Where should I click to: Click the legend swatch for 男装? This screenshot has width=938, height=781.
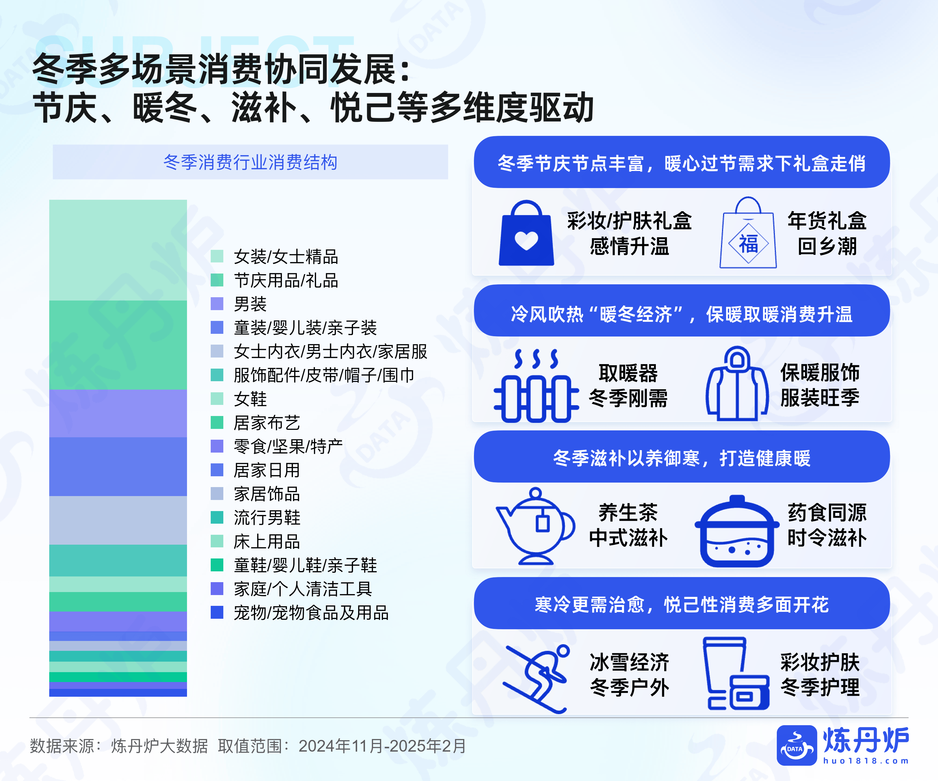coord(217,304)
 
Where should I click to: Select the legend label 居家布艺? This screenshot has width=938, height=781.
coord(267,423)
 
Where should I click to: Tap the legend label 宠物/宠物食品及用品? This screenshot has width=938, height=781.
coord(311,613)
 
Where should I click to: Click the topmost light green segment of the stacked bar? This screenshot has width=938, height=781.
coord(118,250)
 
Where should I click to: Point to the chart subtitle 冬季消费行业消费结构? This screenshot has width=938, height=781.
coord(250,162)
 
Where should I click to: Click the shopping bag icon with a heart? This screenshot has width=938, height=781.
coord(526,234)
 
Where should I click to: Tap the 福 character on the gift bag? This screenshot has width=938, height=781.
coord(749,244)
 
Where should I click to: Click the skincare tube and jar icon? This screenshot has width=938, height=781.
coord(735,674)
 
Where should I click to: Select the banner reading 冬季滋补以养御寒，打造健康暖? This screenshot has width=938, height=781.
coord(682,457)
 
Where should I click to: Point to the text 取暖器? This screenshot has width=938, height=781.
coord(628,373)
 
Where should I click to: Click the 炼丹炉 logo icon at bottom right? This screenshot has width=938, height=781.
coord(796,745)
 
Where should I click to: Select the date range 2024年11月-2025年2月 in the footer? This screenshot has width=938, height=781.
coord(382,746)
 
